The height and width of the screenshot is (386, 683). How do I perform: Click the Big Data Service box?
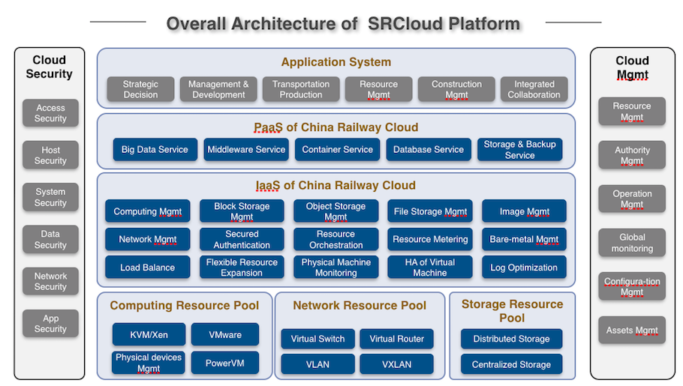point(155,149)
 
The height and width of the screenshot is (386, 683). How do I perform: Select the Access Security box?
point(50,113)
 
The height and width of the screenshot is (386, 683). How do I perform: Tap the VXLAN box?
point(396,364)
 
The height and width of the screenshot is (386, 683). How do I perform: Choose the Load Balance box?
point(148,267)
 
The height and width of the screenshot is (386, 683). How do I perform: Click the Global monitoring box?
point(632,243)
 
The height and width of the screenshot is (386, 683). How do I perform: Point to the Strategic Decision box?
point(140,89)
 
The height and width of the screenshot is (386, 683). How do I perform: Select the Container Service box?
point(338,149)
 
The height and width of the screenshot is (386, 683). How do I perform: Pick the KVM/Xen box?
point(149,334)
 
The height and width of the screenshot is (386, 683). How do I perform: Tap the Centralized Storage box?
point(511,364)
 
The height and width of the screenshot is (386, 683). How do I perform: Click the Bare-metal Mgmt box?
point(524,239)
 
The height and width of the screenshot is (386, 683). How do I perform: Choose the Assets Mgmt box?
point(632,331)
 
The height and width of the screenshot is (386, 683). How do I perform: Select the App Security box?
point(50,323)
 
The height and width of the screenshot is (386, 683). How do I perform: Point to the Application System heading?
point(335,61)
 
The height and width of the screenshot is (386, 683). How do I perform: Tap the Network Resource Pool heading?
point(360,306)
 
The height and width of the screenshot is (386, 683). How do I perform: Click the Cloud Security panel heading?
point(50,67)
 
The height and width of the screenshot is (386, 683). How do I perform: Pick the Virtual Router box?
point(396,339)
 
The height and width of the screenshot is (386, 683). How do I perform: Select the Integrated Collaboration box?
point(534,89)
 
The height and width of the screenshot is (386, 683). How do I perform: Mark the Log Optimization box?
point(524,267)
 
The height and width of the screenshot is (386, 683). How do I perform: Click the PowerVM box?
point(224,363)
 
